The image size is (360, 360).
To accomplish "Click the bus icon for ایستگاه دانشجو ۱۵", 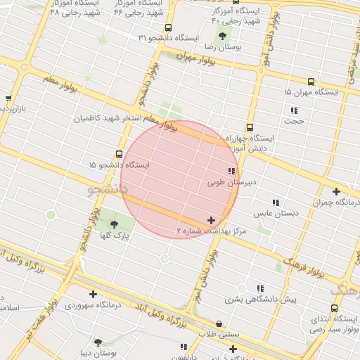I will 117,154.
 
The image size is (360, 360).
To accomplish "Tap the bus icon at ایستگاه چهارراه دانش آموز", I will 250,127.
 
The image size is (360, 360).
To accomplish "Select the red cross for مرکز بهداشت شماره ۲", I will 211,221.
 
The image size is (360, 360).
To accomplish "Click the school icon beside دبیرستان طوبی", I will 231,171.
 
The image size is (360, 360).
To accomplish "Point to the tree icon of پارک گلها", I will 115,224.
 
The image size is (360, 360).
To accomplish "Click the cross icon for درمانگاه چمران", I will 336,191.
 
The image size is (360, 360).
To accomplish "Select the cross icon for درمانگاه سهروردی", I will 92,294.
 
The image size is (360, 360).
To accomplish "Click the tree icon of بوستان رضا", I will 223,35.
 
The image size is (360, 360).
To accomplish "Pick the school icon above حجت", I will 294,110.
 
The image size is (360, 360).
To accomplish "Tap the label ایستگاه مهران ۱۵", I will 311,92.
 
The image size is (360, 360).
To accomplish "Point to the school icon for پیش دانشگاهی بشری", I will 260,288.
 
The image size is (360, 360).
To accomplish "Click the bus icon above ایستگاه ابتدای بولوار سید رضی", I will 333,307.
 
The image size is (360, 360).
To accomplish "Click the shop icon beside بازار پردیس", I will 8,98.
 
